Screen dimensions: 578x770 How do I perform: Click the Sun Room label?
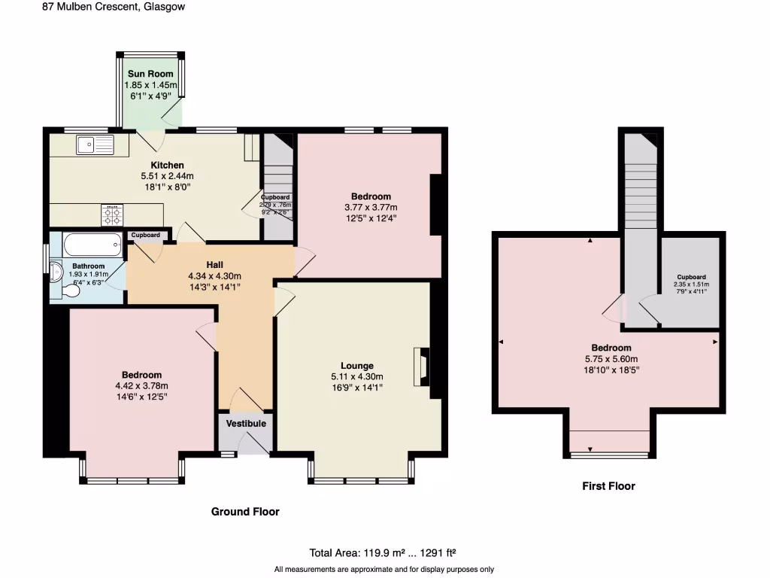[150, 74]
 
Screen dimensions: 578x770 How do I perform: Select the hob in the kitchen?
[113, 216]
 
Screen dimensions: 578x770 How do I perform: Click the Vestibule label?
[247, 424]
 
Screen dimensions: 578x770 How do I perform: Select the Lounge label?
[356, 366]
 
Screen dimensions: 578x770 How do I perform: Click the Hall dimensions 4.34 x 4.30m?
[214, 275]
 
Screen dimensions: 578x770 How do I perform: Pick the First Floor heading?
[608, 486]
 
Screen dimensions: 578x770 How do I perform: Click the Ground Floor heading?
[245, 512]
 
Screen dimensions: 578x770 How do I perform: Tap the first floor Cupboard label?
[690, 277]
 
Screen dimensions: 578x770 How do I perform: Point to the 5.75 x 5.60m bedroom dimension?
[611, 359]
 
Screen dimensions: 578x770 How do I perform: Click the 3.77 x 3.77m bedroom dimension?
[370, 208]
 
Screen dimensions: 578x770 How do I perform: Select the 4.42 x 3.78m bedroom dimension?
[141, 386]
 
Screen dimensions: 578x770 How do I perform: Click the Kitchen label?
[167, 166]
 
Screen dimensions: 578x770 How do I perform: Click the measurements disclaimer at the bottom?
[384, 569]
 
